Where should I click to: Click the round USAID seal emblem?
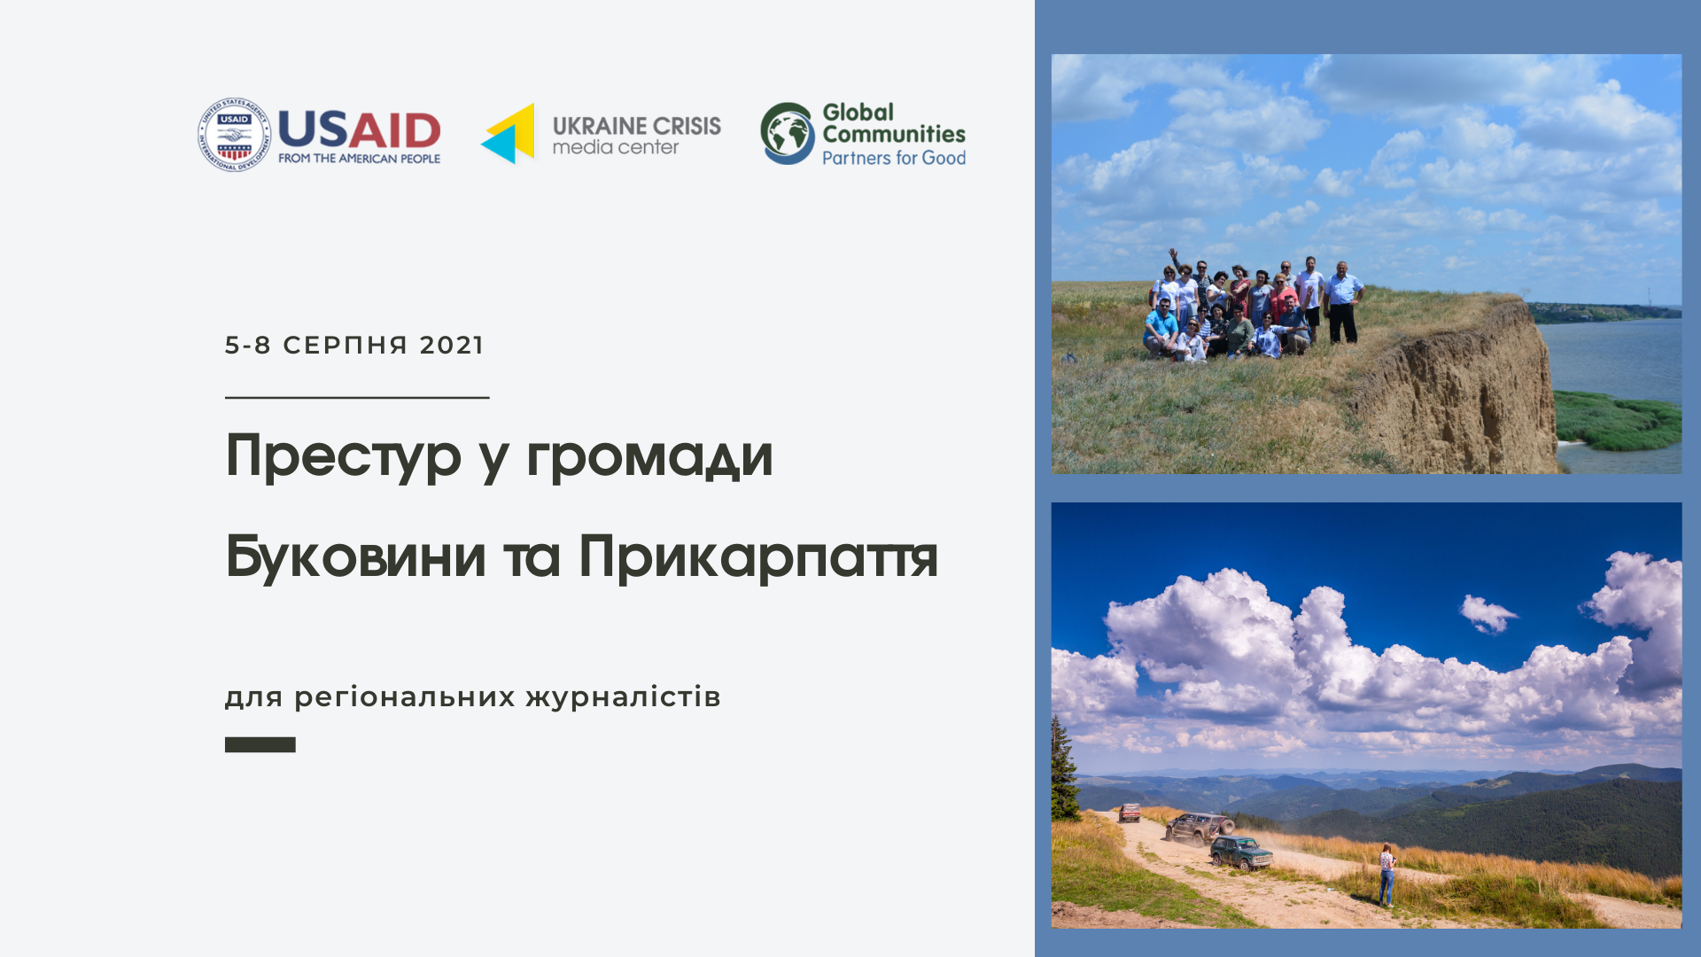coord(234,135)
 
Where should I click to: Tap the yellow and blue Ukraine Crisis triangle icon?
coord(509,134)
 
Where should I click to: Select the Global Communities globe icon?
coord(787,134)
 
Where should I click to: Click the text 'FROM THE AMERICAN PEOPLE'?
coord(359,159)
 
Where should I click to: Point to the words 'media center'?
coord(616,147)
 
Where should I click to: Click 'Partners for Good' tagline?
coord(894,158)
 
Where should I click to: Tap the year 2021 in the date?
coord(452,345)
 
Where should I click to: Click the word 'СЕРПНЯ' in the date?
coord(346,345)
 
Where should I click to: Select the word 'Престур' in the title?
coord(344,457)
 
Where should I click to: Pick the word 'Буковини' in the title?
coord(356,556)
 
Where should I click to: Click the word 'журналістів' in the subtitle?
coord(624,697)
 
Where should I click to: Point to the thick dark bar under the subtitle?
coord(260,745)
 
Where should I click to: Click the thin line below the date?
coord(357,398)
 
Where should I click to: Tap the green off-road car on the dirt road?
coord(1241,852)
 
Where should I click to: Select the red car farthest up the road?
coord(1130,813)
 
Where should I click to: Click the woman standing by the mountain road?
coord(1386,875)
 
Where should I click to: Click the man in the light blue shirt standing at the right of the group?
coord(1343,302)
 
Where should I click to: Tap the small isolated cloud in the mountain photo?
coord(1487,613)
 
